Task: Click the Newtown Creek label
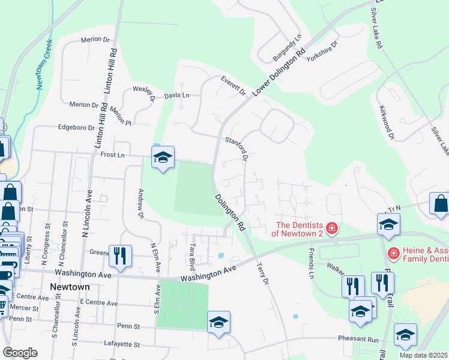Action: coord(43,65)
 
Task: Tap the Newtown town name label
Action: coord(70,287)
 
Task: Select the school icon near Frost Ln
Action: coord(162,158)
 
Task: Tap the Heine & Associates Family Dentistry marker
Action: coord(394,254)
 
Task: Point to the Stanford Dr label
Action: coord(237,149)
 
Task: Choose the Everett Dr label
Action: coord(234,85)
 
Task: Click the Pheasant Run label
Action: coord(358,339)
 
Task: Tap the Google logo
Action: coord(20,353)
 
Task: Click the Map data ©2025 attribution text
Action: coord(424,355)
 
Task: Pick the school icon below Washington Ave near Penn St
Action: coord(218,322)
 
